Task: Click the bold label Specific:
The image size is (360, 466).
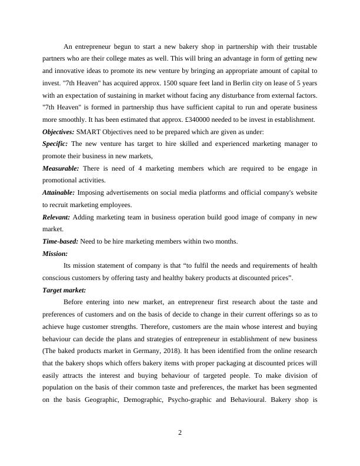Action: click(x=55, y=144)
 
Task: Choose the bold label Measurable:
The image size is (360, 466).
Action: click(x=61, y=168)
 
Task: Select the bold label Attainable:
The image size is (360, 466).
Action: click(x=59, y=192)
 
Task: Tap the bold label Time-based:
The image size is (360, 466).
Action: click(x=61, y=241)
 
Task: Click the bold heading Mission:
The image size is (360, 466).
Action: click(x=55, y=254)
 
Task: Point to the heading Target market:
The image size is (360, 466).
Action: click(x=65, y=291)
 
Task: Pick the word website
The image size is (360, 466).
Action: click(x=304, y=192)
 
